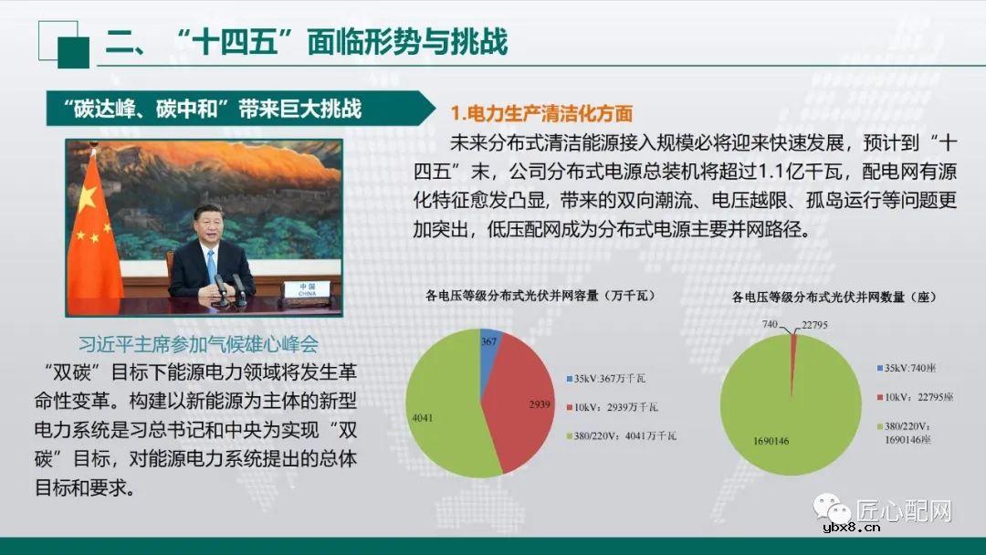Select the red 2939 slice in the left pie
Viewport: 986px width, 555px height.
coord(520,402)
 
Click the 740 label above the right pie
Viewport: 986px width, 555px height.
coord(772,324)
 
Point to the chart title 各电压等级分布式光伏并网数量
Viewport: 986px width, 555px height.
coord(835,297)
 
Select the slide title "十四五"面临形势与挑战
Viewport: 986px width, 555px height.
coord(307,42)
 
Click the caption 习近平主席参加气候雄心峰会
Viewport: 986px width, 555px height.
coord(198,344)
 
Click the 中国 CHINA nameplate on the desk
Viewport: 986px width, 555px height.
coord(300,289)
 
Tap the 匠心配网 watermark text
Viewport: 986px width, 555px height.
coord(904,510)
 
